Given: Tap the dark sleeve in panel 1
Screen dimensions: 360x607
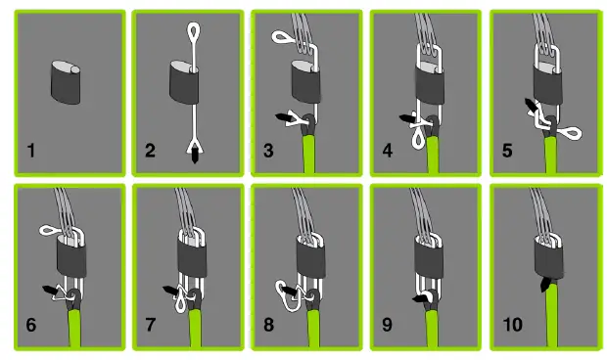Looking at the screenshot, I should (x=68, y=83).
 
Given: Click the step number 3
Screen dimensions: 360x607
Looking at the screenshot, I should (x=269, y=151).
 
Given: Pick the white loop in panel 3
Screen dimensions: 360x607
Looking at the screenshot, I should (x=281, y=38).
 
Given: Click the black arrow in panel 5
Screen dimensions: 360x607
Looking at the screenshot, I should (x=533, y=106).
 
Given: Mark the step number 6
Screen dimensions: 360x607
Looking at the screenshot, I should (x=31, y=325).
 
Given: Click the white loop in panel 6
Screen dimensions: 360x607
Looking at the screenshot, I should (x=47, y=230).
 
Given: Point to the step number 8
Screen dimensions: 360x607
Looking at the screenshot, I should (x=269, y=325).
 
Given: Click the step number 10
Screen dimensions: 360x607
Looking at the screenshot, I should (x=512, y=325).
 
